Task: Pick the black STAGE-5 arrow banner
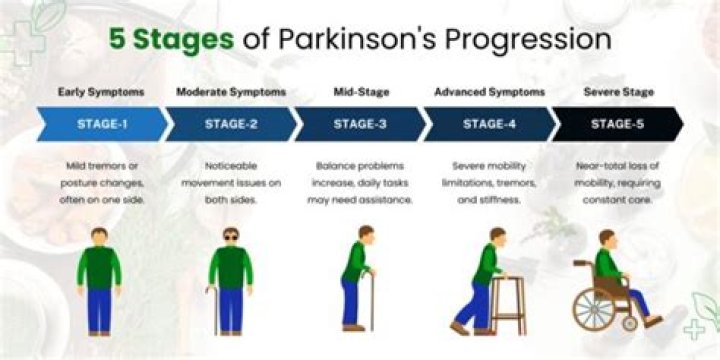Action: (x=617, y=123)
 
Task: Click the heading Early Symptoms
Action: (x=100, y=92)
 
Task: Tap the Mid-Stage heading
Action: (x=360, y=92)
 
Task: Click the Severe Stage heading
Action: (x=618, y=92)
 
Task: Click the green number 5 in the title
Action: (x=117, y=41)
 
